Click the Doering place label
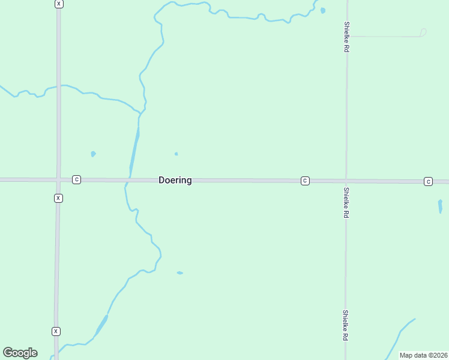tap(175, 180)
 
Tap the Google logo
tap(20, 353)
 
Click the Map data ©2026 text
tap(424, 355)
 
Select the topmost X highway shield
tap(58, 4)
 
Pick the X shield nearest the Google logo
tap(56, 331)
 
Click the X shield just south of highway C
tap(58, 198)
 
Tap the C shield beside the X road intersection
tap(76, 179)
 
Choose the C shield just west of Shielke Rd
tap(305, 181)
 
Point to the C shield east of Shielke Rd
tap(428, 181)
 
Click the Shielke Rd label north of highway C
tap(347, 37)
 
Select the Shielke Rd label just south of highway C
tap(347, 202)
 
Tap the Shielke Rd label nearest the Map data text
tap(346, 325)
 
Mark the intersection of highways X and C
tap(58, 179)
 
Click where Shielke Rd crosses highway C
tap(346, 181)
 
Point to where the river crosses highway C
tap(128, 179)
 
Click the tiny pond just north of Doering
tap(176, 154)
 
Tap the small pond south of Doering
tap(179, 273)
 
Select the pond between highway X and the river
tap(93, 154)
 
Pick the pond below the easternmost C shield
tap(440, 206)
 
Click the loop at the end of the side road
tap(423, 32)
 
